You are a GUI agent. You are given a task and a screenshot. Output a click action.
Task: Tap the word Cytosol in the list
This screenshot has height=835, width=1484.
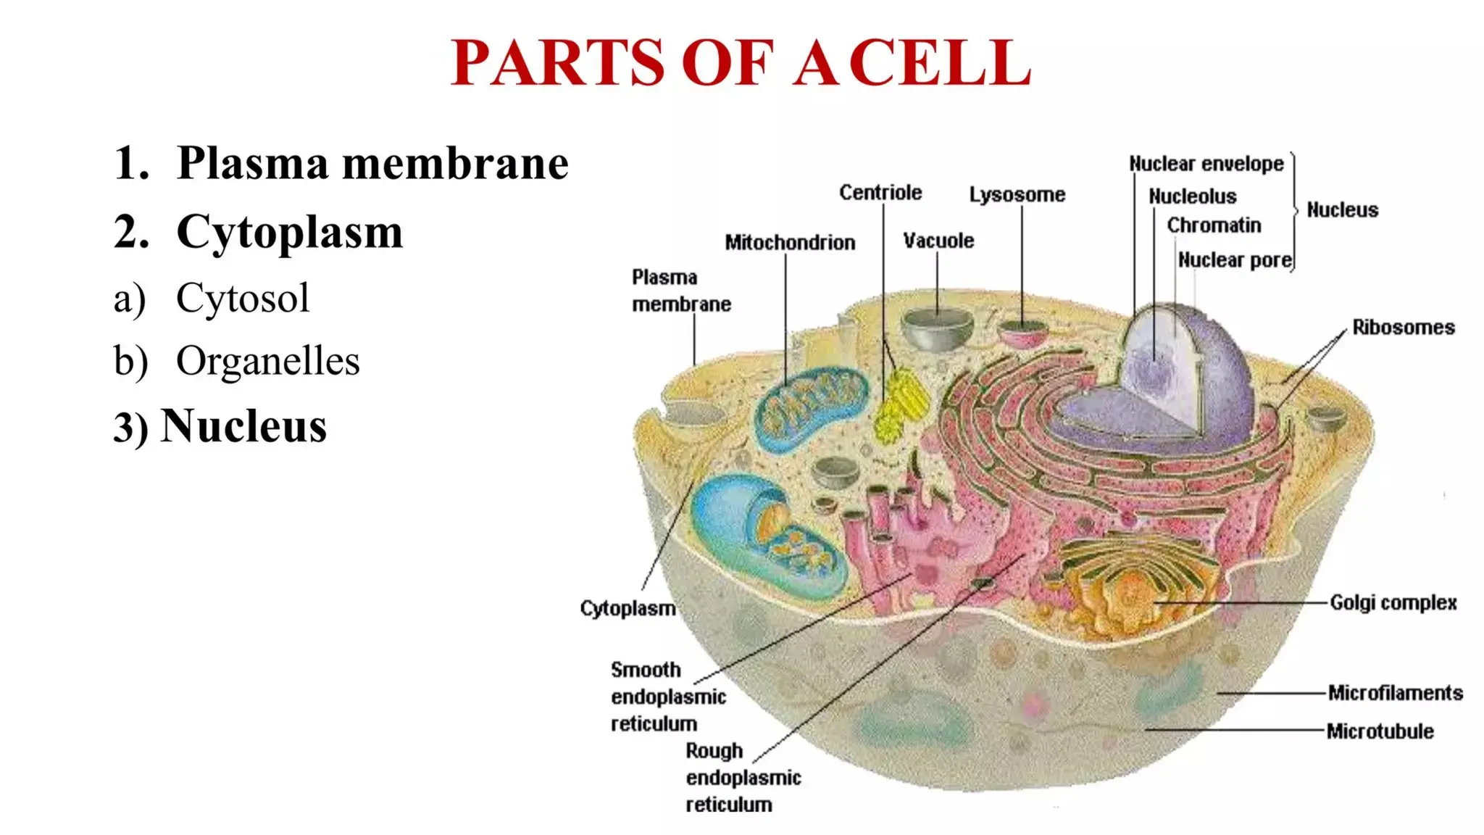[x=242, y=298]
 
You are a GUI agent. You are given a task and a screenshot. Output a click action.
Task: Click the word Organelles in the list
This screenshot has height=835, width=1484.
[x=267, y=361]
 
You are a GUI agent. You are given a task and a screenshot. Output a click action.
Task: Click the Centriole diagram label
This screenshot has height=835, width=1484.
[x=880, y=193]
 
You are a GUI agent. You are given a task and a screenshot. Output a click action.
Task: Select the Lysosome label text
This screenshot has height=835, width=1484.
[x=1017, y=195]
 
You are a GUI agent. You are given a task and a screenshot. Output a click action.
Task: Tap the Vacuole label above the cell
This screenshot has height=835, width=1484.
[x=938, y=241]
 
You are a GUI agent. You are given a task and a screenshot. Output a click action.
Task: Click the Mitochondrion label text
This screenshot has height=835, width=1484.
[x=790, y=243]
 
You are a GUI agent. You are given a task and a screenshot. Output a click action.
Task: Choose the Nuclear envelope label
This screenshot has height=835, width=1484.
[x=1206, y=165]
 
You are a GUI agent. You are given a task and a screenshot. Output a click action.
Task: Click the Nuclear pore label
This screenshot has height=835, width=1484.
[x=1235, y=260]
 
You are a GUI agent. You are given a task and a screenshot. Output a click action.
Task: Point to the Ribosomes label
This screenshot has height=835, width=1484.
[x=1403, y=328]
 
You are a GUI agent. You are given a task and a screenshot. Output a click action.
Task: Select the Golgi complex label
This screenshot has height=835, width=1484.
[x=1393, y=603]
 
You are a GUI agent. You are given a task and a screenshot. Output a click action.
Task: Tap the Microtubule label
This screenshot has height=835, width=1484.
[x=1380, y=731]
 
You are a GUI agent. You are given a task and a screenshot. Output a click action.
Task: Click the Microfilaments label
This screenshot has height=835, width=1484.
[x=1395, y=694]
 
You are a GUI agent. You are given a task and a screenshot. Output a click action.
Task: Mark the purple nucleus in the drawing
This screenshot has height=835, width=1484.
[x=1188, y=377]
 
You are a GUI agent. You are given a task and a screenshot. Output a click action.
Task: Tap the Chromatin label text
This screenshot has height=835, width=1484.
[x=1214, y=226]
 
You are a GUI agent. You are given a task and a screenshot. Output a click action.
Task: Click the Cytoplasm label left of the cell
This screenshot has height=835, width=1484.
[x=628, y=609]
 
